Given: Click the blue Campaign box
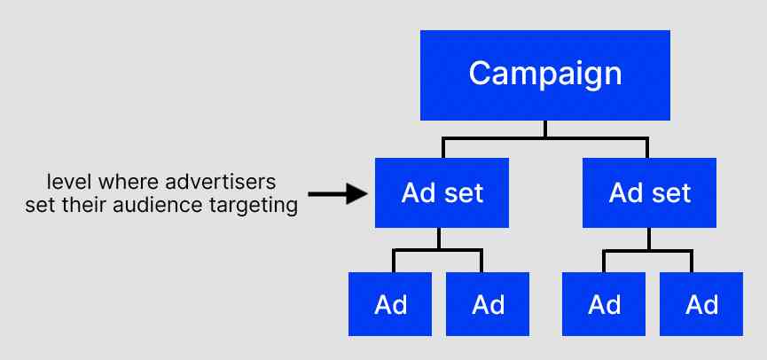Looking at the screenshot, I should click(x=545, y=75).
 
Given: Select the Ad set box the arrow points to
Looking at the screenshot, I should click(x=442, y=192).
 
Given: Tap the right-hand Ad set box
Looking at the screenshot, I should click(x=649, y=192).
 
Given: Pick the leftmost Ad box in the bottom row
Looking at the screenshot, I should click(x=390, y=303).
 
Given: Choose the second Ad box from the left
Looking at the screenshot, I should click(x=488, y=303).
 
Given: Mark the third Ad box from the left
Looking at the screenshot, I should click(x=605, y=303).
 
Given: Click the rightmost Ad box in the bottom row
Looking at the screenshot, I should click(x=702, y=303).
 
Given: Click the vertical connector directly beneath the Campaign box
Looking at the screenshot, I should click(x=545, y=129).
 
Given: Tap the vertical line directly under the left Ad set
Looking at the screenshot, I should click(x=440, y=238).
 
